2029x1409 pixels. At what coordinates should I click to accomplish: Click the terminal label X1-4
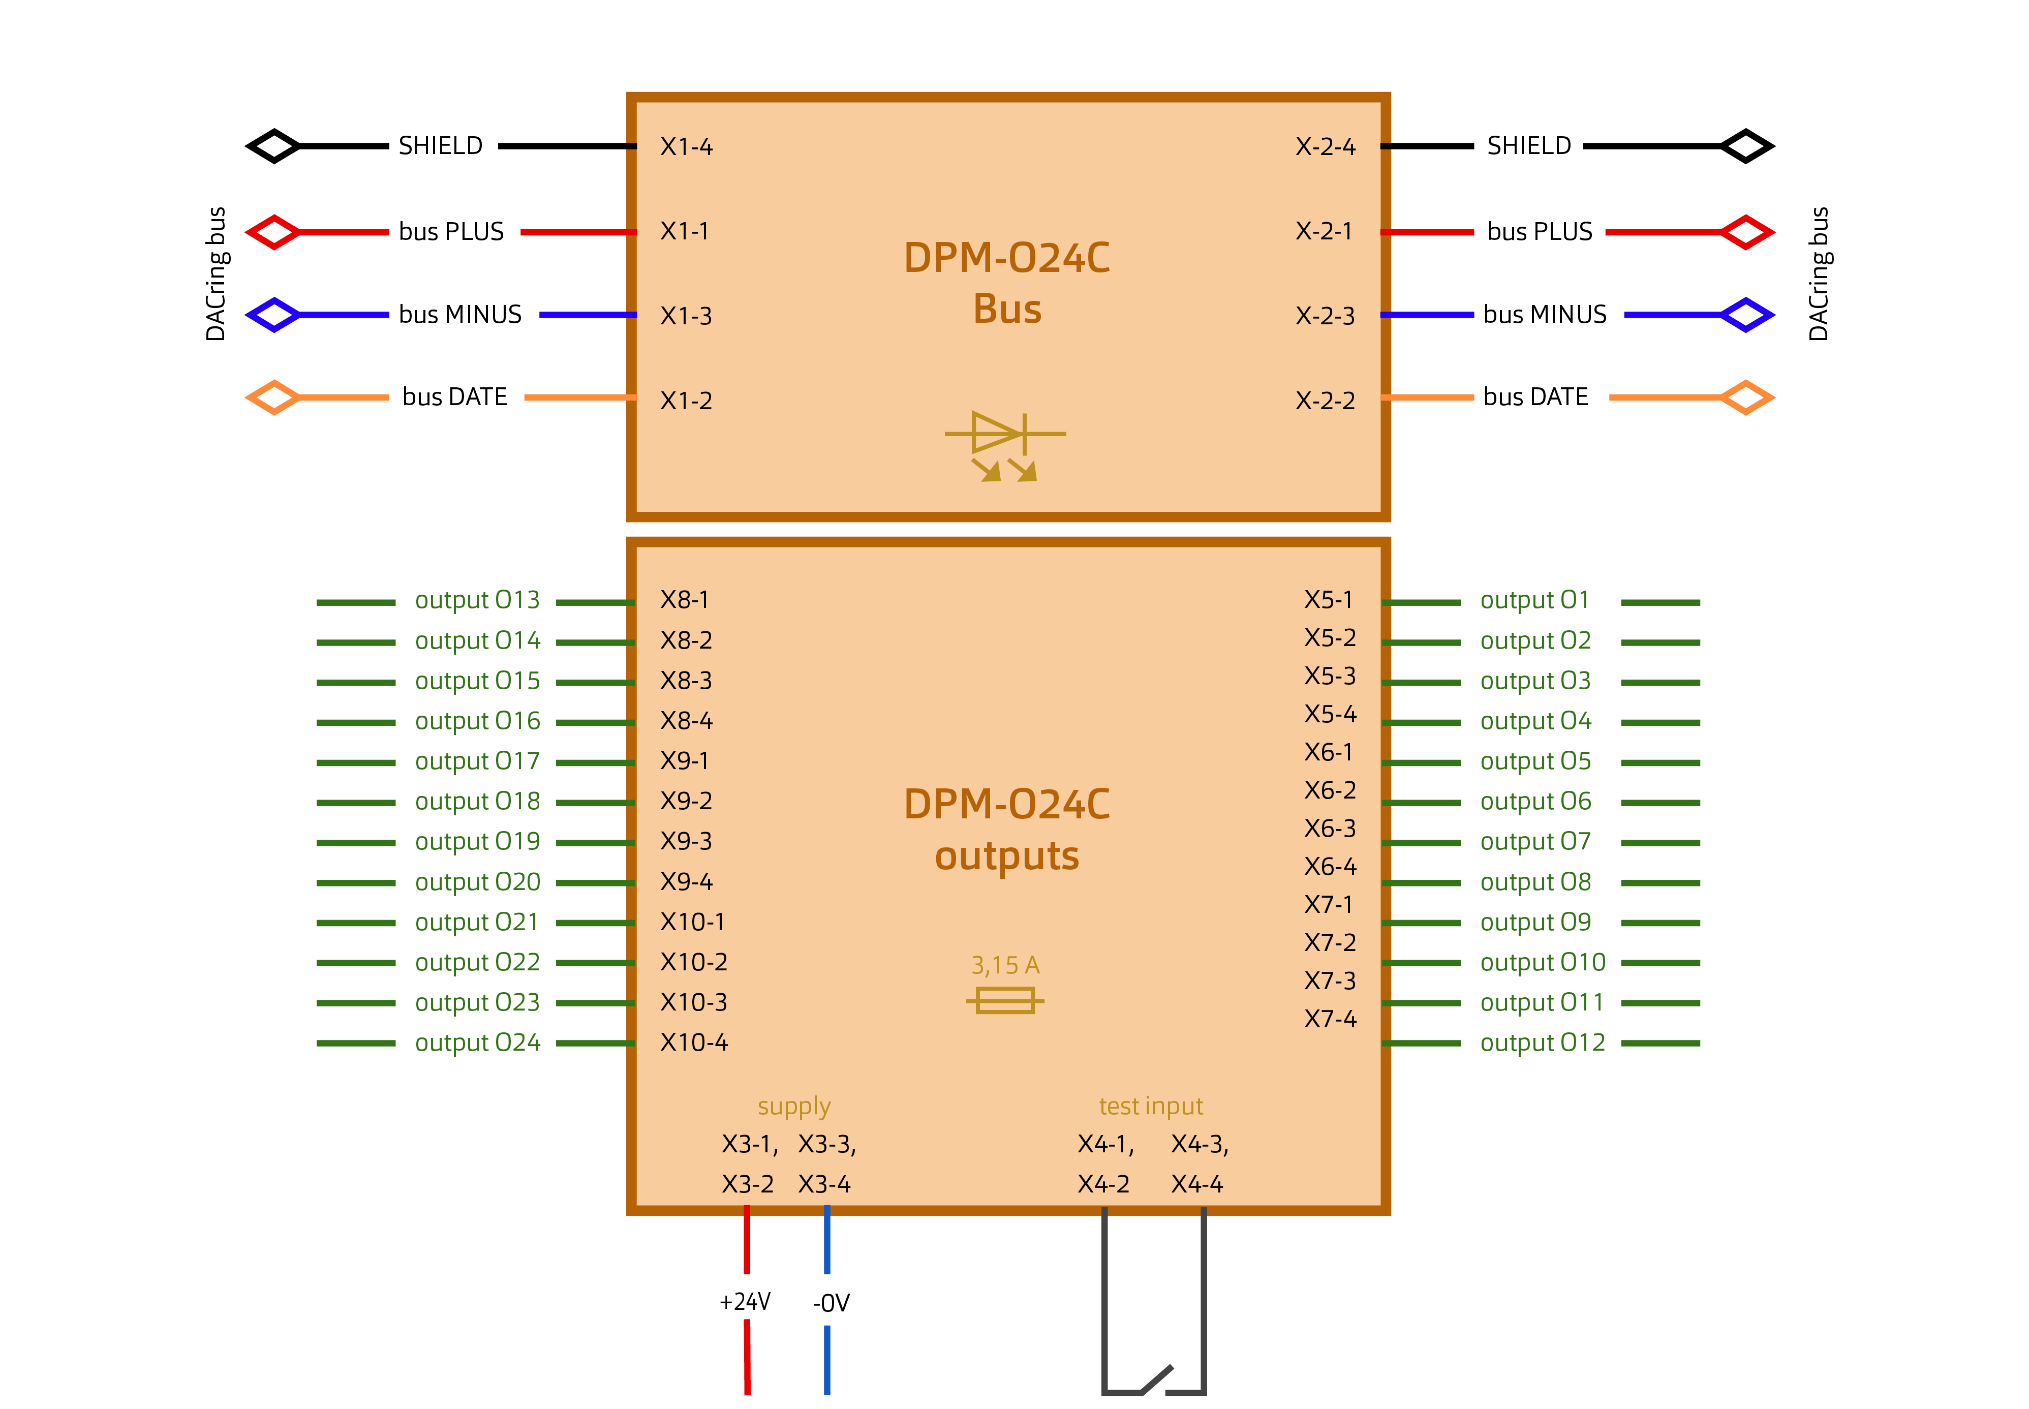[686, 146]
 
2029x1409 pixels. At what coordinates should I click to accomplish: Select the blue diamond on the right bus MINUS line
[1746, 315]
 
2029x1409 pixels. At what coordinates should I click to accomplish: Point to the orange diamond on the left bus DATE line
[273, 397]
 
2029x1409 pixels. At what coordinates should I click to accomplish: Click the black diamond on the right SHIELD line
[1746, 146]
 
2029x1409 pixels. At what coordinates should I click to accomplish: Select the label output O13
[477, 600]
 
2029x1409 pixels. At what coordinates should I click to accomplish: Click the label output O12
[1542, 1043]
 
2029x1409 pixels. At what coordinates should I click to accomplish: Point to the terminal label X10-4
[694, 1043]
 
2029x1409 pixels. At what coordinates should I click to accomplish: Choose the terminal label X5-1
[1328, 600]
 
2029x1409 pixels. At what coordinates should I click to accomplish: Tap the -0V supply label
[831, 1303]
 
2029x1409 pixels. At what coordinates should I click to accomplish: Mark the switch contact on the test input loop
[1156, 1379]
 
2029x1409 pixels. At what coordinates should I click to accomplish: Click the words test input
[1150, 1106]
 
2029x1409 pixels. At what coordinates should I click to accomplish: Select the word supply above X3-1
[793, 1106]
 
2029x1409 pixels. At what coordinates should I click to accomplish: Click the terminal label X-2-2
[1325, 401]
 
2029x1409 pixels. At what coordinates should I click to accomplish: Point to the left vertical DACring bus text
[216, 273]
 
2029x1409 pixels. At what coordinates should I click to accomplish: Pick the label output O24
[477, 1043]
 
